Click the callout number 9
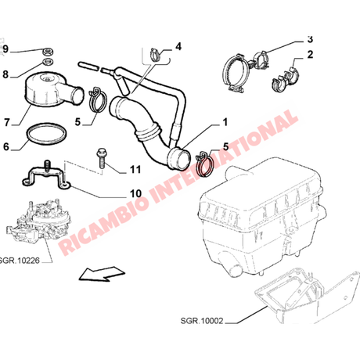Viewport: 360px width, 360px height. [5, 49]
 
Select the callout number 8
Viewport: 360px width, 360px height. [5, 74]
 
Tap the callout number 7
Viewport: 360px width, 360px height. [7, 122]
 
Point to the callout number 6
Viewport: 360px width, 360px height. [6, 146]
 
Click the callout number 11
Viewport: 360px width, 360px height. [135, 170]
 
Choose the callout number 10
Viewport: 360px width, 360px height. [135, 193]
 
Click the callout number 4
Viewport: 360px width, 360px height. [178, 47]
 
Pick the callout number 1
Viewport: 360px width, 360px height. [225, 122]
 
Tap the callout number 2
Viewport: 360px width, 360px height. [310, 55]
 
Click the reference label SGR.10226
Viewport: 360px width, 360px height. [20, 261]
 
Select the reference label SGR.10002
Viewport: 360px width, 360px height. [202, 321]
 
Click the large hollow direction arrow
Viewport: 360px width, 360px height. [102, 274]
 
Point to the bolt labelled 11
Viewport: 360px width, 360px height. [101, 158]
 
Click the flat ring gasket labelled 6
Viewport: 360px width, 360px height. [46, 133]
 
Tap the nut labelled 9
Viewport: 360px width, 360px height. [48, 52]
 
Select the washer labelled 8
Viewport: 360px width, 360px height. [48, 63]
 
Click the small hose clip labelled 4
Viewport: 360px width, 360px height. [155, 55]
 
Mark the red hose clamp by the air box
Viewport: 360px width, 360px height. [204, 164]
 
